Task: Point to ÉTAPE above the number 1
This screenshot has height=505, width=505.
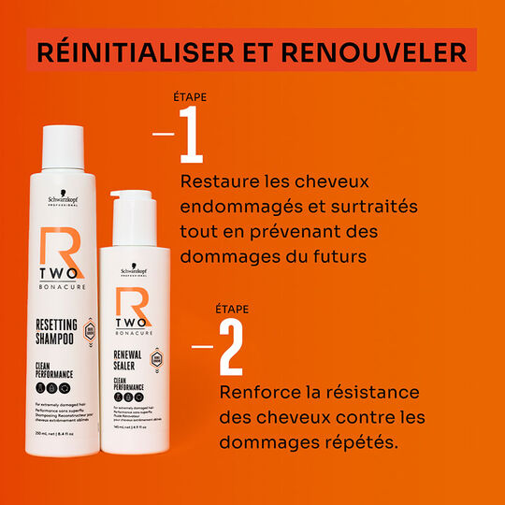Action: click(191, 96)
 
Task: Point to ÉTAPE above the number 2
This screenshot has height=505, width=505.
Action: click(232, 309)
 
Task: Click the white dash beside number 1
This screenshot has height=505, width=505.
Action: click(163, 134)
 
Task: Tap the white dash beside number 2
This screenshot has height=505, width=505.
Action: click(203, 345)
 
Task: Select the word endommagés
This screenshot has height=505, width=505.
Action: click(235, 205)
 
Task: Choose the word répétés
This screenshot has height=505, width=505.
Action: click(362, 439)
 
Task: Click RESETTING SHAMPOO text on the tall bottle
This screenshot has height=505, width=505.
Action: click(59, 334)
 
